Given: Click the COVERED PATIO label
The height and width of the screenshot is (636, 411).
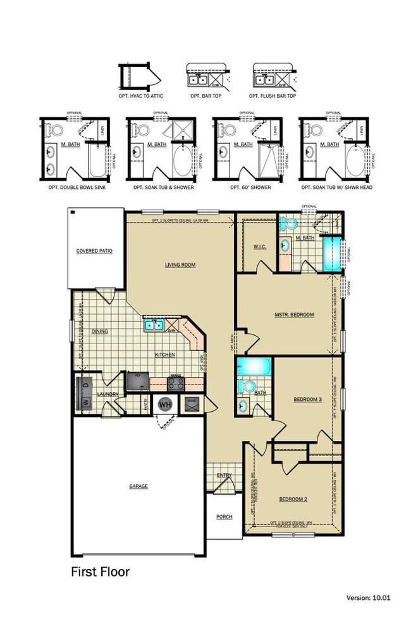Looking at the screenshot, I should tap(94, 251).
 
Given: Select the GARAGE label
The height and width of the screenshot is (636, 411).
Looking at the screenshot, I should tap(138, 486).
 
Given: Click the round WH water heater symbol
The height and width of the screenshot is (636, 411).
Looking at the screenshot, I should tap(166, 404).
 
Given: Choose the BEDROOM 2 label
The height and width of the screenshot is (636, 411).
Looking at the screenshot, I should tap(293, 499).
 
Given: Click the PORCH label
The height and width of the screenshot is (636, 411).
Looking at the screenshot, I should tap(224, 517).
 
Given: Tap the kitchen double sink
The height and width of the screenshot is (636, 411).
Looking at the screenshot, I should tap(154, 326).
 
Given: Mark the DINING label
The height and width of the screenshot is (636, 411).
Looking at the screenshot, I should tap(99, 331).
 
